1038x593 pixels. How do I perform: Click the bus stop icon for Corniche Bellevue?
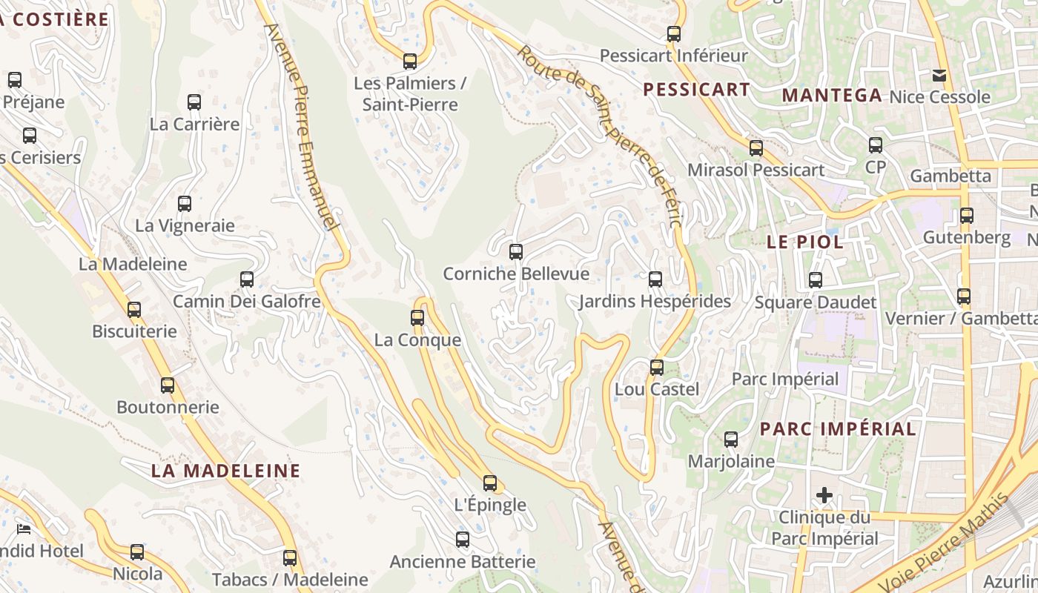tap(516, 252)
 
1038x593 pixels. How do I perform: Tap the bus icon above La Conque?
tap(417, 318)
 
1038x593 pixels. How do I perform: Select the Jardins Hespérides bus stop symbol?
tap(655, 279)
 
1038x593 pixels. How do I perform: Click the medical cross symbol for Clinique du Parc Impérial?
tap(824, 495)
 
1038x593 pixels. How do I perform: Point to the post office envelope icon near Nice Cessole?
tap(939, 75)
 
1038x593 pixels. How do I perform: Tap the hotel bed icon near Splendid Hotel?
tap(24, 529)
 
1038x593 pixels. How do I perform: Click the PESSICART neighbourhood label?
tap(696, 90)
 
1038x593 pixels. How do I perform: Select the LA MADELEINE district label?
tap(226, 471)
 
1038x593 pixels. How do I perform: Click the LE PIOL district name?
tap(804, 242)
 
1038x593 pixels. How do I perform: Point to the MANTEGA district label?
tap(832, 95)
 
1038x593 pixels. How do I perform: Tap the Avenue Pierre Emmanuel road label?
tap(302, 126)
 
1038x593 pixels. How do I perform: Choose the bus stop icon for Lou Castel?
tap(657, 368)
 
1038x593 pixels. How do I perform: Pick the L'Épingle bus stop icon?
tap(490, 483)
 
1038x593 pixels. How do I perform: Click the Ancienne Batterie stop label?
tap(463, 562)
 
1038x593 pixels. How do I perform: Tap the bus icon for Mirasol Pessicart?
tap(756, 148)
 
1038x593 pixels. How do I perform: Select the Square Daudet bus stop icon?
tap(816, 280)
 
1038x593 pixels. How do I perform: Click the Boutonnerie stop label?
tap(168, 407)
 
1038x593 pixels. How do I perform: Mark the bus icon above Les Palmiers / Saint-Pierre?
tap(410, 62)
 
